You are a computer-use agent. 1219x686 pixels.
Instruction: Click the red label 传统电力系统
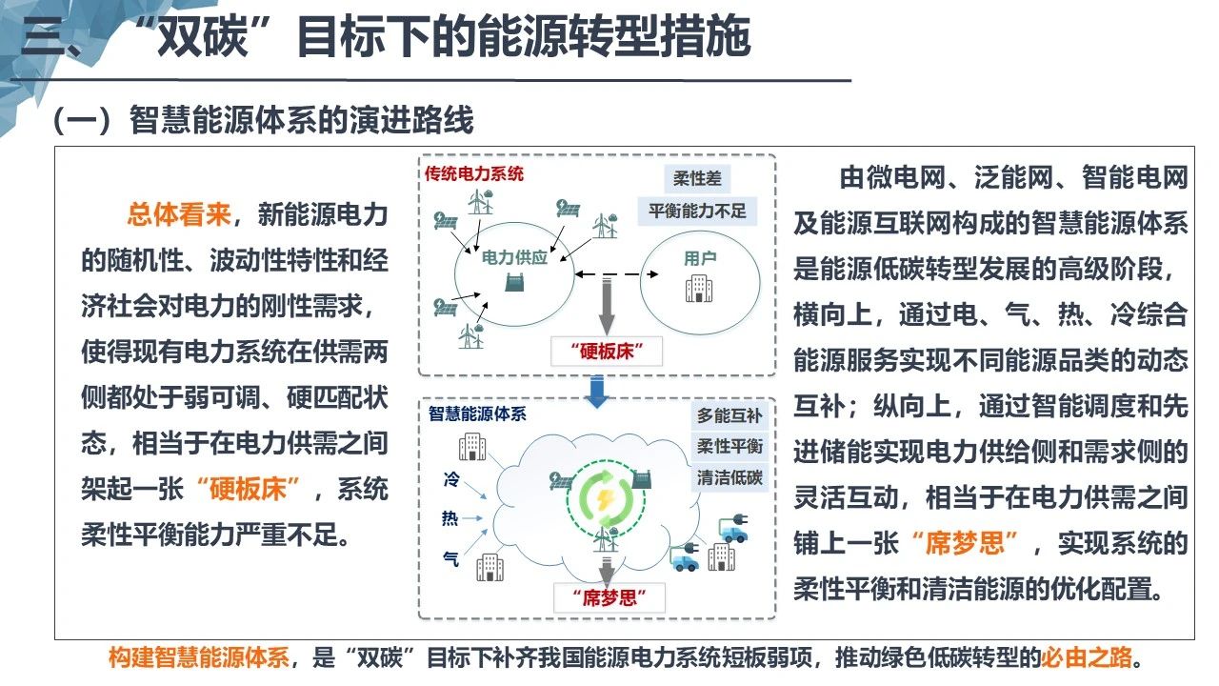pos(474,173)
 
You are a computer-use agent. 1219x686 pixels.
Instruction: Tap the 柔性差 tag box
pos(697,178)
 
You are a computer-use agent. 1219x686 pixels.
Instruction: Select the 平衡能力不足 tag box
pos(697,211)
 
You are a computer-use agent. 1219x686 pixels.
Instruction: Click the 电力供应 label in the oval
pos(514,257)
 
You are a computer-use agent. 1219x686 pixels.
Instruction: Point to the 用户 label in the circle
pos(700,258)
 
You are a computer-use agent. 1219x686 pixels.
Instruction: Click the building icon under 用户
pos(699,288)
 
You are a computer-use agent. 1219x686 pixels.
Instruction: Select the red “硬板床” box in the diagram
pos(607,352)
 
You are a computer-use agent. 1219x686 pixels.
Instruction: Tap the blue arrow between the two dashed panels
pos(597,392)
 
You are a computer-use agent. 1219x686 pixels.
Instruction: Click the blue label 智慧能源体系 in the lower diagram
pos(477,414)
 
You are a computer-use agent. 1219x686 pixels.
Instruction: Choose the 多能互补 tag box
pos(729,416)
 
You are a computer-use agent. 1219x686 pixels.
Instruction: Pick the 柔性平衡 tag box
pos(729,447)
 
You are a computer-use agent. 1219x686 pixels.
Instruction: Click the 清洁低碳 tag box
pos(729,477)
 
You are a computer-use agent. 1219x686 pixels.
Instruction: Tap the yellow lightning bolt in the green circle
pos(605,499)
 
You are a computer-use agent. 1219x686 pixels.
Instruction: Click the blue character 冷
pos(451,479)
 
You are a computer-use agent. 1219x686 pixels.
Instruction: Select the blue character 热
pos(450,517)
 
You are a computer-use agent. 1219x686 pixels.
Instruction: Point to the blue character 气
pos(451,558)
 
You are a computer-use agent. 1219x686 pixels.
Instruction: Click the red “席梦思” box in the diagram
pos(609,597)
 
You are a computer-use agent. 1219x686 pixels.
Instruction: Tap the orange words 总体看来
pos(179,214)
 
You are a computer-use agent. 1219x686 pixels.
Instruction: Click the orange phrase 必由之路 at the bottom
pos(1087,657)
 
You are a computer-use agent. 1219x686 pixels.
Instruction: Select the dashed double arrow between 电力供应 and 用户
pos(617,273)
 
